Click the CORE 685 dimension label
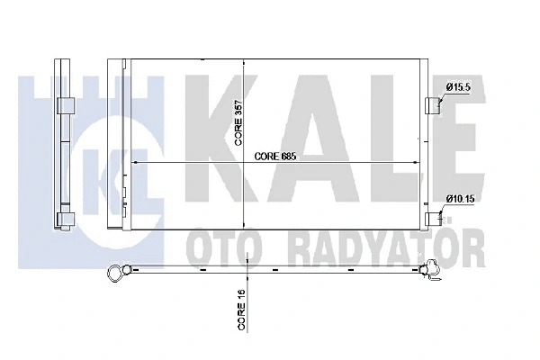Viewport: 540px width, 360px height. click(274, 156)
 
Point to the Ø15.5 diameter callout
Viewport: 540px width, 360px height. click(459, 85)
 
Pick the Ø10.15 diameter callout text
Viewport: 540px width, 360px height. click(461, 200)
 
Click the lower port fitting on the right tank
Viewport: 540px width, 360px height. click(435, 217)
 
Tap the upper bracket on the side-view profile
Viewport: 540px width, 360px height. click(65, 106)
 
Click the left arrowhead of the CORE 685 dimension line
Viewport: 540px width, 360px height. click(136, 162)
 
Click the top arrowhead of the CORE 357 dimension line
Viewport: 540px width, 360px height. click(247, 63)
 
